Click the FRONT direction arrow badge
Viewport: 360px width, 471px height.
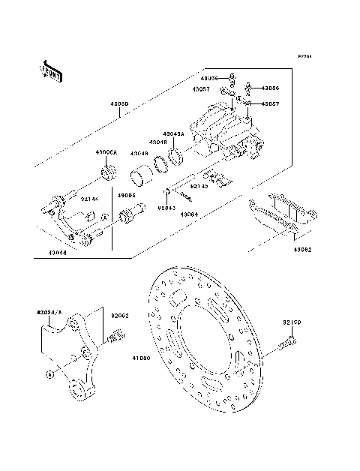[x=46, y=71]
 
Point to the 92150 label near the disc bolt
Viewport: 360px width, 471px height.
[x=292, y=322]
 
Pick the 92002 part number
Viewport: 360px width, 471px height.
[x=122, y=316]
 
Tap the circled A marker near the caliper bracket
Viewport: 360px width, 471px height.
[x=49, y=373]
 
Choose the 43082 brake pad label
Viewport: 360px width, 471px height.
[x=304, y=249]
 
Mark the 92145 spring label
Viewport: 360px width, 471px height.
[x=199, y=186]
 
